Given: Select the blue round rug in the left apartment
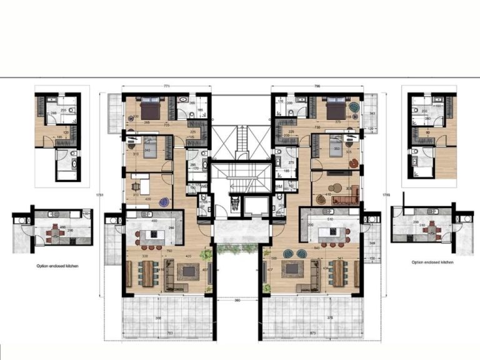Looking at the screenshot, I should [164, 202].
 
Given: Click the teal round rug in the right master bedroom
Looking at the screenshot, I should [354, 107].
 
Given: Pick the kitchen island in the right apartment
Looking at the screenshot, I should [331, 235].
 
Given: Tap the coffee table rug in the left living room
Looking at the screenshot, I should [188, 271].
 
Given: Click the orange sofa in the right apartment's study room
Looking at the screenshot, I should [343, 200].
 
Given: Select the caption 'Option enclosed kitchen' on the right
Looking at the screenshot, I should [432, 262].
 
